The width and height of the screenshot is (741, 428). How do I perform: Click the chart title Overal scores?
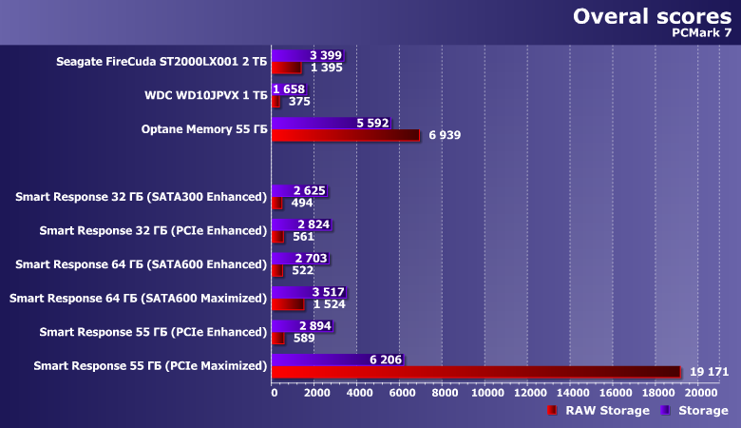[x=651, y=16]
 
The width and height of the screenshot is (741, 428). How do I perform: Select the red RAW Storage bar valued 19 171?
[x=476, y=372]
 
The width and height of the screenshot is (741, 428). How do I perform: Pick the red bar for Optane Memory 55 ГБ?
[x=345, y=135]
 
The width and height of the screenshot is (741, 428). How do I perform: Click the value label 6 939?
[x=445, y=136]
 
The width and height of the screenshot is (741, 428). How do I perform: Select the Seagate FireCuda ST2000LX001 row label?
[x=161, y=62]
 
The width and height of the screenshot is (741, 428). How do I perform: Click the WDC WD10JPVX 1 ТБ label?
[x=205, y=95]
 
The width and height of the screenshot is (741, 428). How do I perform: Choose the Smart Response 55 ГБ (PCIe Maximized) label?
[x=150, y=365]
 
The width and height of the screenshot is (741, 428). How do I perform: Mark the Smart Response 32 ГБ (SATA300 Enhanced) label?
[x=142, y=197]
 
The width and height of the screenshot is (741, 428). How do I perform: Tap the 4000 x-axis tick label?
[x=359, y=392]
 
